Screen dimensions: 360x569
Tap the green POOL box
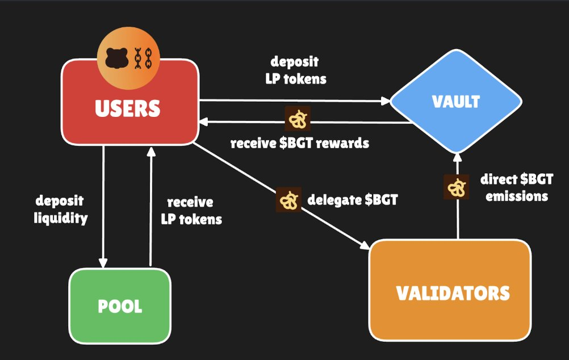point(120,306)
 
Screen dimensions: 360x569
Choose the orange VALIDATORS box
point(450,293)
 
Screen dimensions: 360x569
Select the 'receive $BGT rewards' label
point(299,143)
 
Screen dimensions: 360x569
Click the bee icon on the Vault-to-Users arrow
point(297,119)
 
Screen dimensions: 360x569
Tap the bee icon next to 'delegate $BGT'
point(288,200)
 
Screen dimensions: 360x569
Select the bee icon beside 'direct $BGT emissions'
point(456,187)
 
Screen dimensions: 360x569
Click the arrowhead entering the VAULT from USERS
point(386,102)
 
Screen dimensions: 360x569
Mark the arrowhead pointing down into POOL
point(103,262)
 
